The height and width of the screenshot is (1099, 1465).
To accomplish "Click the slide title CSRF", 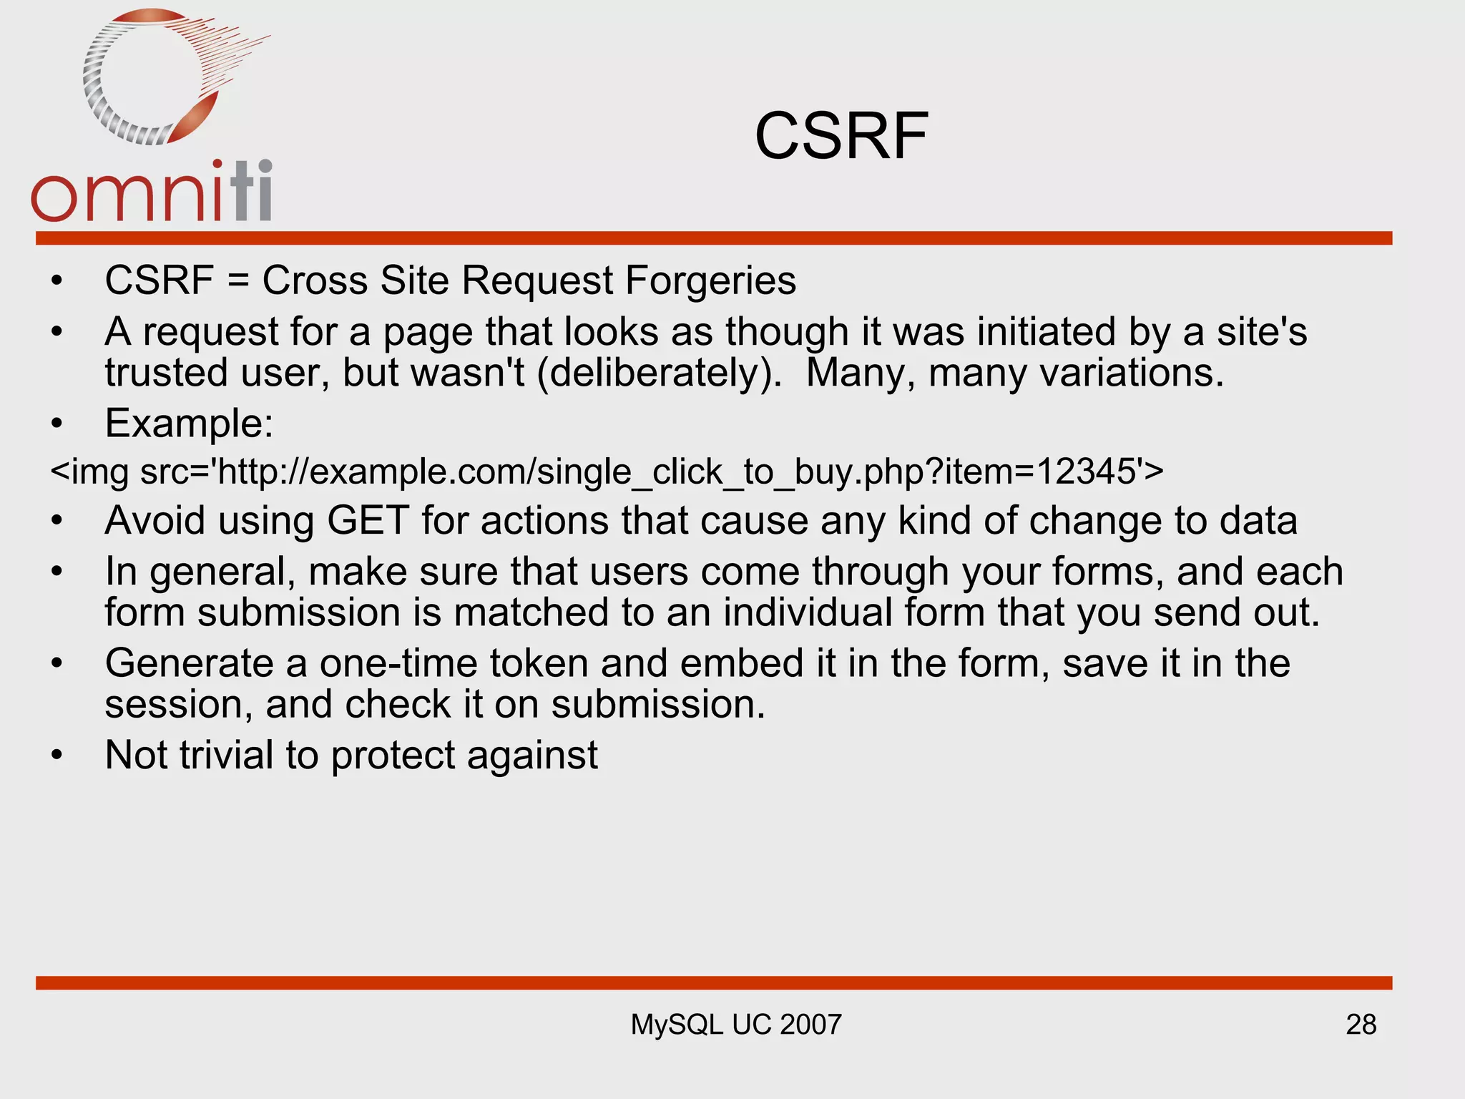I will tap(841, 136).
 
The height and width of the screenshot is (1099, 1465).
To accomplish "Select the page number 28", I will tap(1361, 1025).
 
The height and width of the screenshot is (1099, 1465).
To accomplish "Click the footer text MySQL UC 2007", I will tap(735, 1025).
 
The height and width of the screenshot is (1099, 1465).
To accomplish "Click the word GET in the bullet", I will tap(368, 521).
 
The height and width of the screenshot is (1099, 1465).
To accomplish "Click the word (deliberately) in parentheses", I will tap(659, 373).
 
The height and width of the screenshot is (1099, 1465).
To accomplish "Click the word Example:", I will tap(189, 424).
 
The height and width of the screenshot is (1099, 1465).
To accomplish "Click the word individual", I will tap(808, 613).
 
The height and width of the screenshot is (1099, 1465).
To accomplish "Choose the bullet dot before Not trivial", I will tap(57, 756).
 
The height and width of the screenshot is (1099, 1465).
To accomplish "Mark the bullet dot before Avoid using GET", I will tap(57, 522).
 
